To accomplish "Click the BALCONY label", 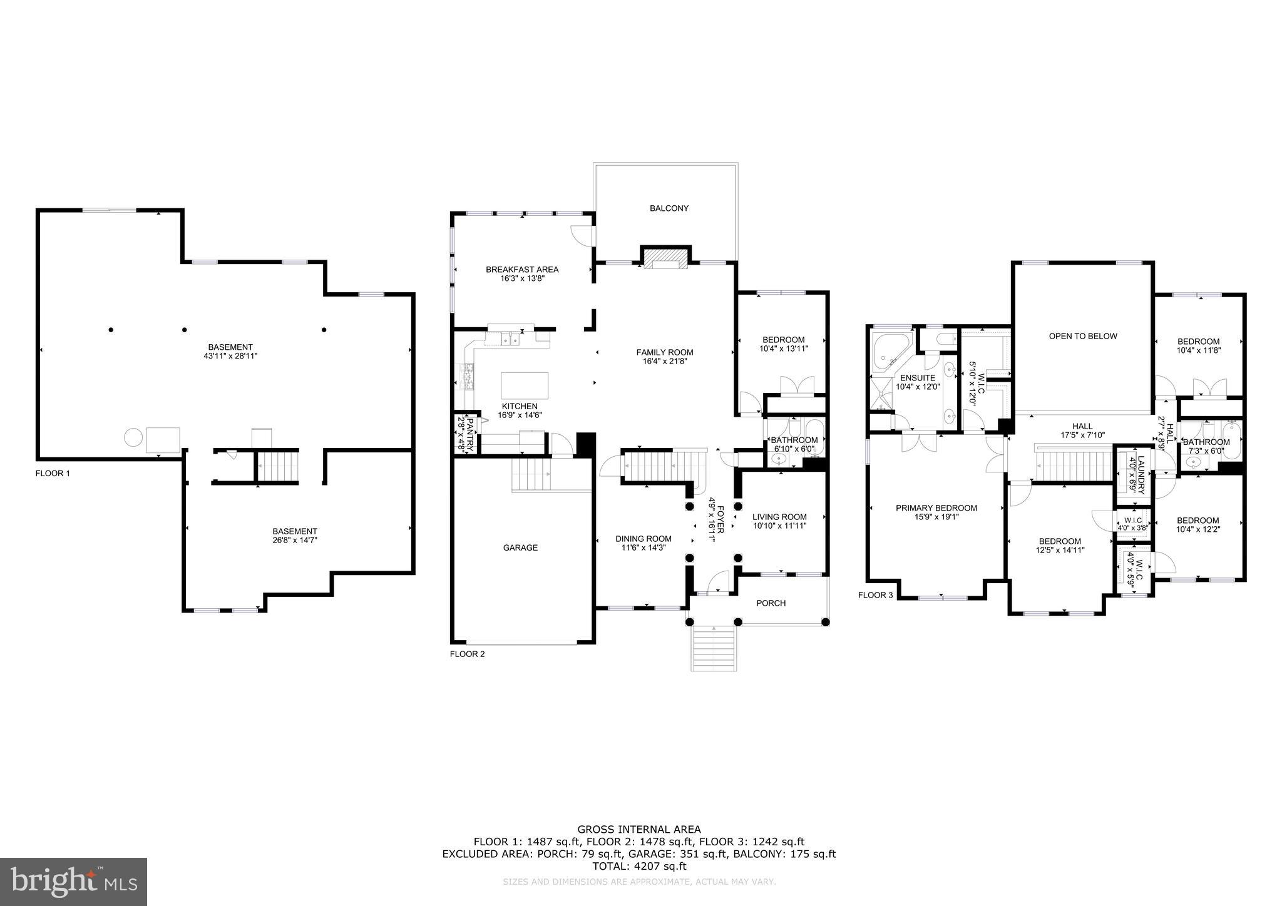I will click(669, 208).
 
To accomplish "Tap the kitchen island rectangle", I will click(525, 385).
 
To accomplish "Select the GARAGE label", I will click(520, 547).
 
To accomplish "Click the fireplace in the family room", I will click(665, 257).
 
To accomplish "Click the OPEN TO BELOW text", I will click(1083, 336).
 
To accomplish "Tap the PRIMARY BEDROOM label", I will click(936, 508).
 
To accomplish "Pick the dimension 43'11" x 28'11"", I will click(230, 355).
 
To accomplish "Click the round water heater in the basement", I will click(133, 437).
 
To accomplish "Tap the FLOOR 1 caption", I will click(53, 474).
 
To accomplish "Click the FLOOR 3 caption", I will click(875, 595).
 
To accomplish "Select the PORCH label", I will click(771, 603).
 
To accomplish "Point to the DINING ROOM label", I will click(643, 539).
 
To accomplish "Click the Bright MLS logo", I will click(73, 882).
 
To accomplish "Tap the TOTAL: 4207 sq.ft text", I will click(639, 867).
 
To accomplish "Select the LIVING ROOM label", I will click(779, 517).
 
